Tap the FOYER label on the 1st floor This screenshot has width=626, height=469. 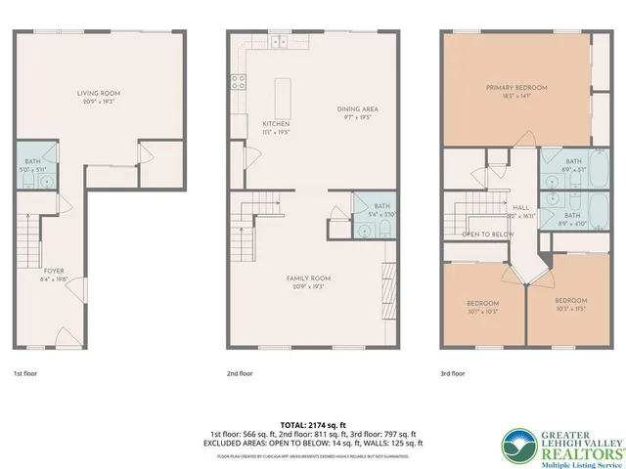54,272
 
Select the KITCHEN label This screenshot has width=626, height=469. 276,124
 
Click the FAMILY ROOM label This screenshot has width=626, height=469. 305,278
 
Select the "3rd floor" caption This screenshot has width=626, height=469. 452,373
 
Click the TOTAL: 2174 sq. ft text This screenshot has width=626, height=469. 313,425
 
